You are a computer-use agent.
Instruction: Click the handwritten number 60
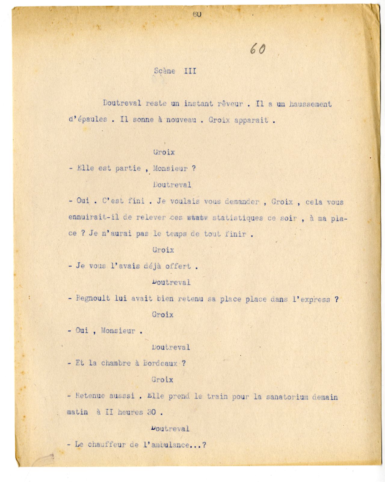click(x=257, y=49)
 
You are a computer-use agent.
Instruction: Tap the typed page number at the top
click(x=197, y=14)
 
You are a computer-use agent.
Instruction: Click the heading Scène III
click(x=175, y=71)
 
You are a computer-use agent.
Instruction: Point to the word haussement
click(x=310, y=104)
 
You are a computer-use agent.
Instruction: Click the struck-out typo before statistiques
click(x=195, y=218)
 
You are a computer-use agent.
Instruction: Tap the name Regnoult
click(x=93, y=299)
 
